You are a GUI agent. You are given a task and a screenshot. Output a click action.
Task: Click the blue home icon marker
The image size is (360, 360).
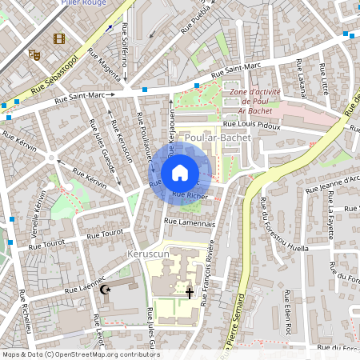tap(180, 173)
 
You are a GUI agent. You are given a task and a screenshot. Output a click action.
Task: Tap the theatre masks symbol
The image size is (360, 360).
tap(34, 54)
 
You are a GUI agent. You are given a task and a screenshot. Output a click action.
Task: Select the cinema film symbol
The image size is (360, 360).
tap(59, 38)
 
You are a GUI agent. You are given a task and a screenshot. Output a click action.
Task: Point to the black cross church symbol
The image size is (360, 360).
tap(190, 294)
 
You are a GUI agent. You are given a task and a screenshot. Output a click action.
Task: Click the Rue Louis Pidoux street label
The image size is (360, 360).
tap(251, 125)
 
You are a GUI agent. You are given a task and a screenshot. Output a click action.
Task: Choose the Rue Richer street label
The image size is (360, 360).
tap(190, 195)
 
